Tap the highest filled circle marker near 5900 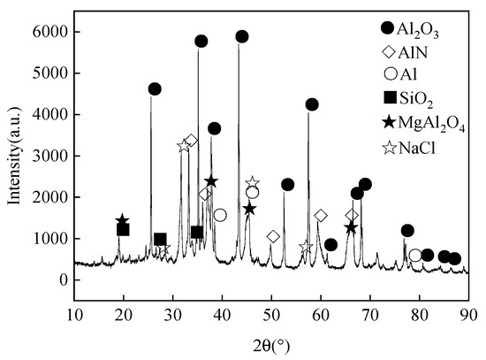(241, 36)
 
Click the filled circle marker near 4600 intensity (155, 88)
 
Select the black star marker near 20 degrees (122, 220)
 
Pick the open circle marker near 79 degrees (415, 255)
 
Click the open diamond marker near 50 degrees (273, 236)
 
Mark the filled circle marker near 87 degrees (454, 259)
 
